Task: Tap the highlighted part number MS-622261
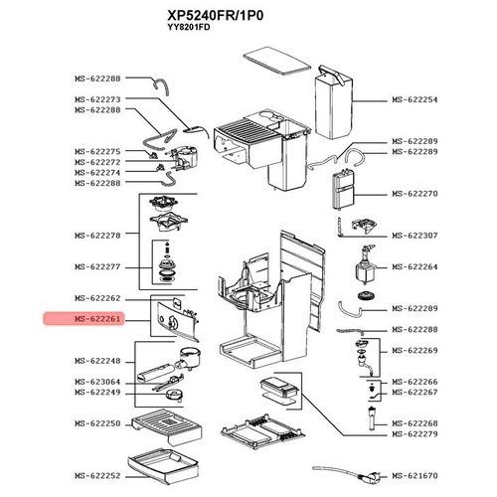click(x=96, y=319)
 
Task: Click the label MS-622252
click(x=96, y=476)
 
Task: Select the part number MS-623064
click(x=96, y=382)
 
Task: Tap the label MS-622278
click(x=96, y=236)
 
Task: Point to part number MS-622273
click(x=96, y=99)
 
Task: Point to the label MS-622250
click(x=96, y=423)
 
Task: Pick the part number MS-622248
click(x=96, y=361)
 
